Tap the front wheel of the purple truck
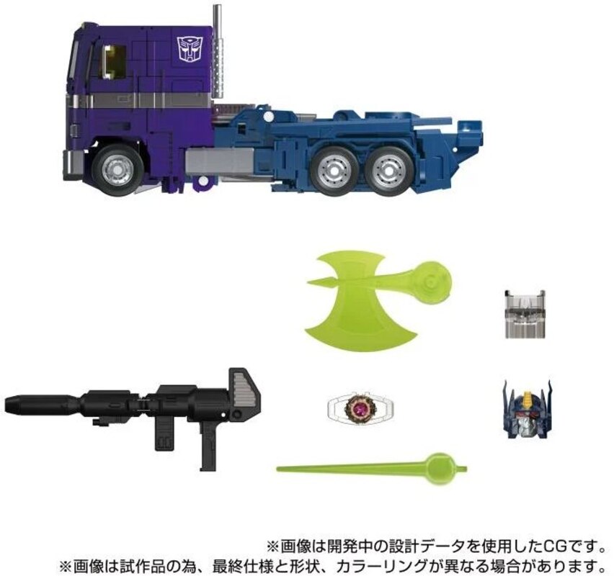117,170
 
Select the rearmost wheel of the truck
390,171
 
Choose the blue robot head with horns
527,408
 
